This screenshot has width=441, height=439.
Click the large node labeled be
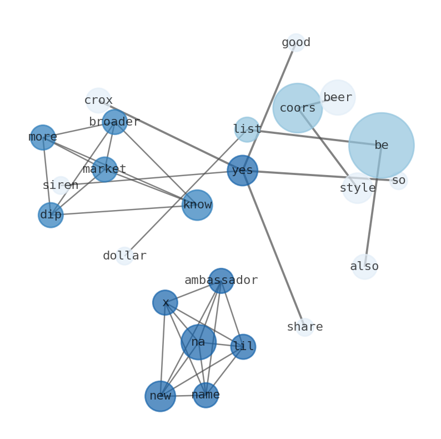pos(381,146)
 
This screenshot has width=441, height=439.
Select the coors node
pos(297,108)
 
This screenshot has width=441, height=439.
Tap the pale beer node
pos(337,98)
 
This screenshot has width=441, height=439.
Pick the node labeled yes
pos(242,171)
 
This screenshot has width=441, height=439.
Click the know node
pos(197,205)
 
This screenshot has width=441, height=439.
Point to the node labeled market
pos(104,169)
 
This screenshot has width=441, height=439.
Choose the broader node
pos(114,122)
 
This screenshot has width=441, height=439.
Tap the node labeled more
pos(43,137)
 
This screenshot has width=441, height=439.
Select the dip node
pos(51,215)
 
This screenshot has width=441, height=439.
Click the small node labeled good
pos(296,43)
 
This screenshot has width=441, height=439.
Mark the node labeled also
pos(364,267)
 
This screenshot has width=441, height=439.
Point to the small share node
pos(304,327)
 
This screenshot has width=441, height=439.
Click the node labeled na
pos(198,342)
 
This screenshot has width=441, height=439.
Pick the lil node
pos(243,347)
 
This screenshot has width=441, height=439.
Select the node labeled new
pos(160,396)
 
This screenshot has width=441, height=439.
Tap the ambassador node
pos(221,281)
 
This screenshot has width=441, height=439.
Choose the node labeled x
pos(165,303)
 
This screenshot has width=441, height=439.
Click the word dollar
pos(124,256)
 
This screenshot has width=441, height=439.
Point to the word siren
pos(61,186)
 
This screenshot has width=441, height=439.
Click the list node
pos(247,129)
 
